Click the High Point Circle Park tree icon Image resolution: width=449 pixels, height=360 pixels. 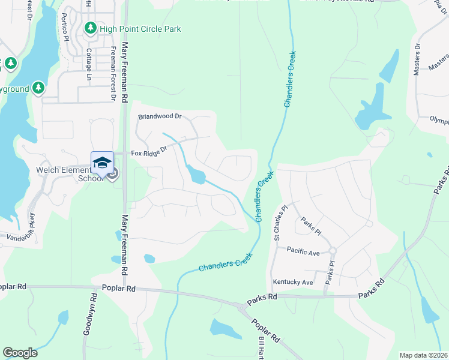90,28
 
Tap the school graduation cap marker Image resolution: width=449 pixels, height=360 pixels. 102,163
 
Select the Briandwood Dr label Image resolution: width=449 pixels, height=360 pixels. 159,116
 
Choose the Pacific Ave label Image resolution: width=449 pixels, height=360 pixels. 303,253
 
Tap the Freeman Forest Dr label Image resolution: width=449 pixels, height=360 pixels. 112,74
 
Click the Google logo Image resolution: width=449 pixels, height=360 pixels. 20,353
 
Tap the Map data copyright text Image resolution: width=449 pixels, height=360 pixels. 424,355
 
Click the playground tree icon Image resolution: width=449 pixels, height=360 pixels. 38,88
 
